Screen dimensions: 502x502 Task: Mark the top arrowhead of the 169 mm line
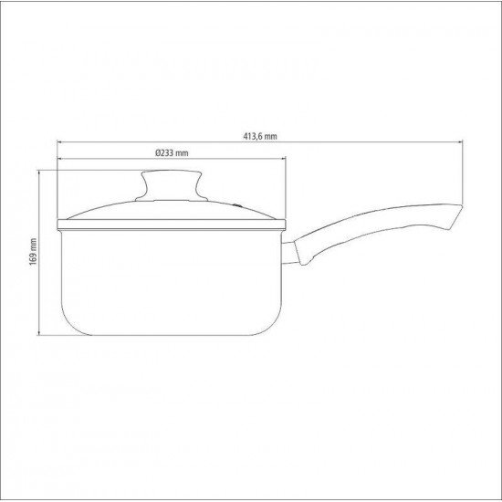[x=41, y=172]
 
